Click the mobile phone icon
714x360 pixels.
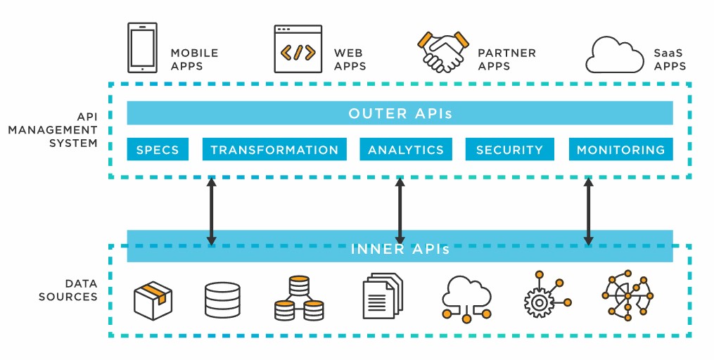pos(142,48)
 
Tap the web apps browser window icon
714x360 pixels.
pos(298,49)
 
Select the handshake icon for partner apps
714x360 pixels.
pos(443,51)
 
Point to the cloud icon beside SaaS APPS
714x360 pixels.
pos(613,54)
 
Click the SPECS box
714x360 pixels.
pos(158,150)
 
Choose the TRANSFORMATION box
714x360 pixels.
pos(274,150)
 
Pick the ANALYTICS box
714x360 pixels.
pos(406,150)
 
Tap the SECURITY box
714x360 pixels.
pos(509,150)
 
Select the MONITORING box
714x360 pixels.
pos(620,150)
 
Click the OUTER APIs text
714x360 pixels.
pos(400,113)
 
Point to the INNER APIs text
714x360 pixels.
pos(400,248)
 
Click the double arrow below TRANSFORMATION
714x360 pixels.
pos(211,212)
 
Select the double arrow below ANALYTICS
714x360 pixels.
pos(400,212)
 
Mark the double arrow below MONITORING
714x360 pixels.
pos(589,212)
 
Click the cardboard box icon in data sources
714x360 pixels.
pos(153,300)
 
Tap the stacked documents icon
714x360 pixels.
pos(383,295)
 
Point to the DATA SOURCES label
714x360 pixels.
pos(68,290)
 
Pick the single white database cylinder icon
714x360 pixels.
pos(222,300)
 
